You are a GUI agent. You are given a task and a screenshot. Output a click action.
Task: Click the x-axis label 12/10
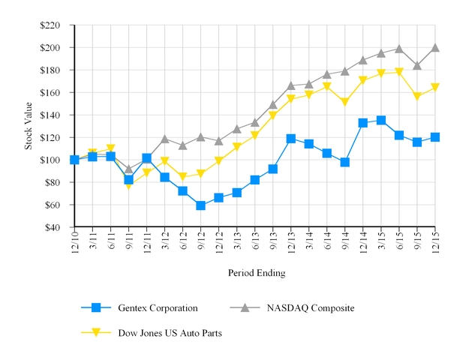coord(74,241)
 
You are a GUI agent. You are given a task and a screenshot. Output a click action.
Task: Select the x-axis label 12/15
coord(434,241)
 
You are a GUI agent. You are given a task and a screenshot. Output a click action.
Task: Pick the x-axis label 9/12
coord(200,241)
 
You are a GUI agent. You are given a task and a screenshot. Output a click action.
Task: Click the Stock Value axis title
coord(29,126)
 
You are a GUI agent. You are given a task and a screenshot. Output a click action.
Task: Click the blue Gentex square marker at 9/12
coord(200,205)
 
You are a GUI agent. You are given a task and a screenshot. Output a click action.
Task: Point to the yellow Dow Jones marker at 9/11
coord(128,185)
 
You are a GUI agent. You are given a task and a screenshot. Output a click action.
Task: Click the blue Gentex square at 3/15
coord(380,120)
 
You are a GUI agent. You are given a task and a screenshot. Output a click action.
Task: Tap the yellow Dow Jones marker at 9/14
coord(344,102)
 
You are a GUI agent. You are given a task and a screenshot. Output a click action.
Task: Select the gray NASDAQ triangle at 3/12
coord(164,139)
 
